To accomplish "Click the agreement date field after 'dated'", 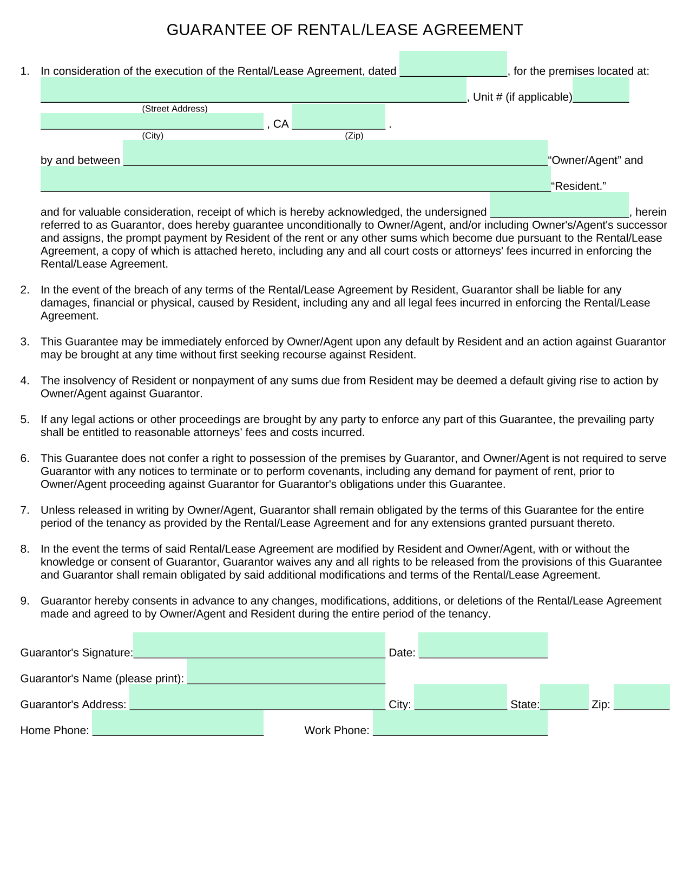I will tap(453, 64).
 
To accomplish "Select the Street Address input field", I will tap(253, 90).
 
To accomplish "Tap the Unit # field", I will tap(601, 90).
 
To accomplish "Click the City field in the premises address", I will tap(152, 122).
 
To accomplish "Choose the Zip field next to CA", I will tap(338, 117).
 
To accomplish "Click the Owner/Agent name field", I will tap(335, 153).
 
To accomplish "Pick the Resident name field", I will tap(295, 179).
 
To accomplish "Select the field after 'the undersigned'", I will tap(559, 205).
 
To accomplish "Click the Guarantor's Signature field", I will tap(259, 645).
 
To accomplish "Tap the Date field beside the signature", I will tap(483, 645).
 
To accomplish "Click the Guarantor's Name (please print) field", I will tap(286, 671).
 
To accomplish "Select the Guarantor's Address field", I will tap(258, 697).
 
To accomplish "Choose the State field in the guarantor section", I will tap(564, 697).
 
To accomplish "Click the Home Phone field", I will tap(178, 723).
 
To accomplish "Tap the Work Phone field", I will tap(460, 723).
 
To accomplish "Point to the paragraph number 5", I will tap(24, 420).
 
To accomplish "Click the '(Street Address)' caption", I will tap(175, 109).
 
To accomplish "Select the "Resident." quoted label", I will tap(578, 187).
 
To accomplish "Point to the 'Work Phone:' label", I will tap(337, 731).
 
